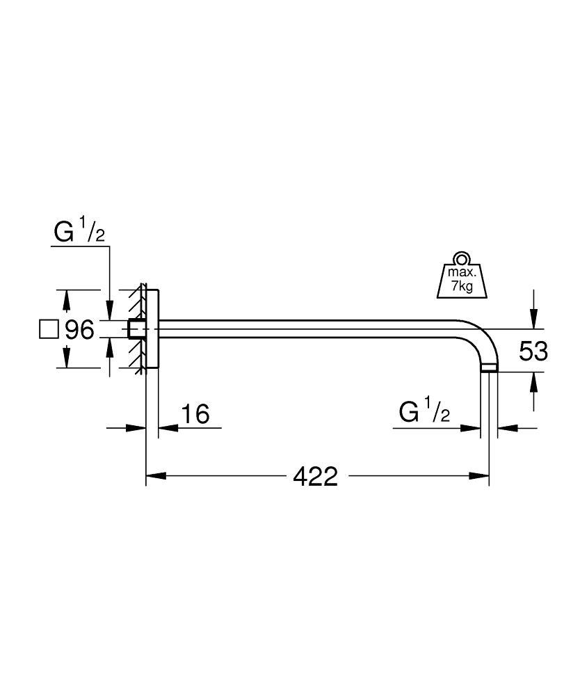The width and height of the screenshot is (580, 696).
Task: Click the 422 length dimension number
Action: (x=315, y=476)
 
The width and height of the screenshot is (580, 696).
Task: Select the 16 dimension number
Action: (x=195, y=414)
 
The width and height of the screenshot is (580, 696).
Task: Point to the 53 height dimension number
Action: (x=533, y=351)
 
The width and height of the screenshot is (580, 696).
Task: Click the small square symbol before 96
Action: (x=49, y=329)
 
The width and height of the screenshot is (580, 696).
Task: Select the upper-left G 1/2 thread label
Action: (x=80, y=233)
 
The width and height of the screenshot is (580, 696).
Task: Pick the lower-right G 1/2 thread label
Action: (x=424, y=413)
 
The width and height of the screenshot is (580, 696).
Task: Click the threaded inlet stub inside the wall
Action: (x=136, y=329)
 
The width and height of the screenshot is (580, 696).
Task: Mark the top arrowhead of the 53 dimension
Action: (x=533, y=321)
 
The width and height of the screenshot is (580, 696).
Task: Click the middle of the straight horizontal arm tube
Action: (x=313, y=329)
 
